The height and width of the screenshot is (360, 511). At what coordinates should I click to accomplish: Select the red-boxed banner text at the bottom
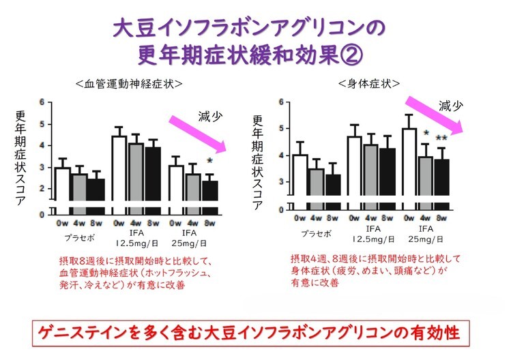tap(256, 335)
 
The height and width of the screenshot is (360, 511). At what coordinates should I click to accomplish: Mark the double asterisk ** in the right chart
tap(441, 139)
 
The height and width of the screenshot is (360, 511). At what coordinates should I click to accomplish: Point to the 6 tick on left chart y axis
tap(42, 103)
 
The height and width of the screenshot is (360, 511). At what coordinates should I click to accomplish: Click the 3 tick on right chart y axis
tap(281, 182)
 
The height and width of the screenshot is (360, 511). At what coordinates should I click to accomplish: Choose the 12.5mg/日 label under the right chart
tap(371, 240)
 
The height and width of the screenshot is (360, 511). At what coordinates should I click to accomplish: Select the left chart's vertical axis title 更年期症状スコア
tap(21, 157)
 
